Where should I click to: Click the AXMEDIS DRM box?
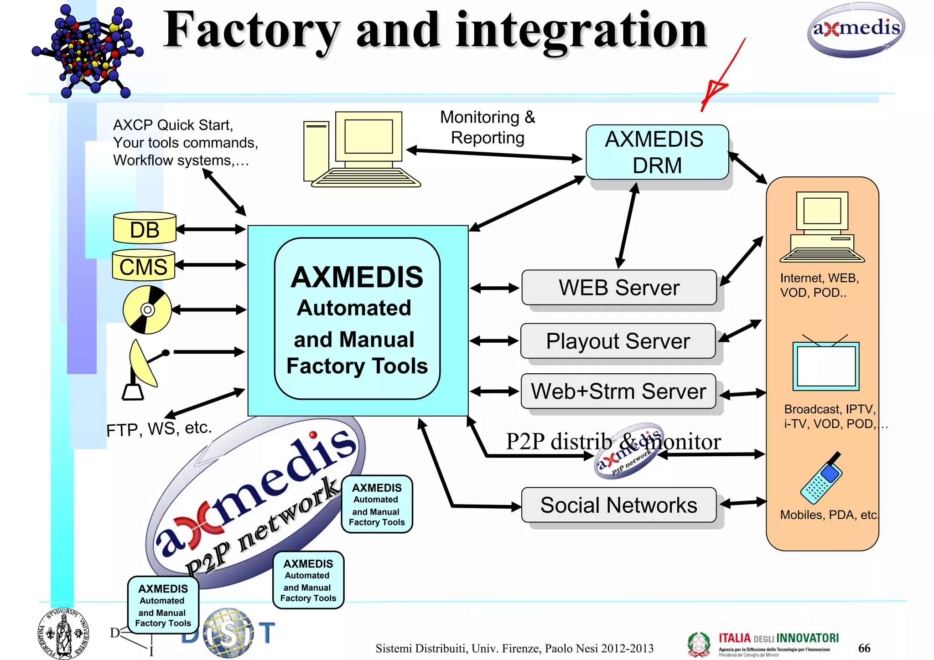pyautogui.click(x=657, y=152)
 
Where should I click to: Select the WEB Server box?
pyautogui.click(x=619, y=288)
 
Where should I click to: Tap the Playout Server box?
pyautogui.click(x=618, y=341)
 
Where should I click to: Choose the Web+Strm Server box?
pyautogui.click(x=618, y=391)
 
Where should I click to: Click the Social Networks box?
pyautogui.click(x=619, y=505)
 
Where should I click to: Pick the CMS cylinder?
pyautogui.click(x=144, y=266)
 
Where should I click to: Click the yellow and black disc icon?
pyautogui.click(x=147, y=310)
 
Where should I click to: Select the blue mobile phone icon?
pyautogui.click(x=821, y=479)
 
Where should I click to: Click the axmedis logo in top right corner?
pyautogui.click(x=856, y=30)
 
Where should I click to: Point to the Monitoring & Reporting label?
pyautogui.click(x=488, y=127)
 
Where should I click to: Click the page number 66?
pyautogui.click(x=864, y=648)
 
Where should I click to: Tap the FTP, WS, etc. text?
pyautogui.click(x=159, y=428)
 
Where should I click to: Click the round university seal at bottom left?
pyautogui.click(x=63, y=634)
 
